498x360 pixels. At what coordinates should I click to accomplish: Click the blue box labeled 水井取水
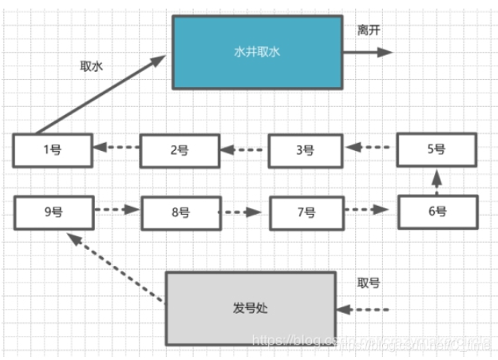click(257, 52)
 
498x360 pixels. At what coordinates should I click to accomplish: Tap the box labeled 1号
click(52, 150)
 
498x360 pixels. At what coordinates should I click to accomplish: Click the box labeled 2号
click(180, 151)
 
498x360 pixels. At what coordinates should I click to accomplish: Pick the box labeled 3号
click(306, 151)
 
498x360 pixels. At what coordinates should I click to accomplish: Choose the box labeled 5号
click(437, 149)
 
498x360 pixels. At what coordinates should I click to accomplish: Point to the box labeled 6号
click(437, 211)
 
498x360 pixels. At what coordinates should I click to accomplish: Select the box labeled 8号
click(180, 212)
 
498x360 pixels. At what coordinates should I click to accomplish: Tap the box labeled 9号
click(53, 211)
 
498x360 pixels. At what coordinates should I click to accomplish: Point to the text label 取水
click(92, 67)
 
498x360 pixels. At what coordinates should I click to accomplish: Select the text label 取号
click(369, 282)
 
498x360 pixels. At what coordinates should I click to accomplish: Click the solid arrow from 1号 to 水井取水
click(100, 94)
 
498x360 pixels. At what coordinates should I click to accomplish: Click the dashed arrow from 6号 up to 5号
click(437, 180)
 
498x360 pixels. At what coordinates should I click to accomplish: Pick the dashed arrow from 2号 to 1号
click(117, 147)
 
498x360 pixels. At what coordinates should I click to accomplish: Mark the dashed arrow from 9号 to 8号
click(117, 211)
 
